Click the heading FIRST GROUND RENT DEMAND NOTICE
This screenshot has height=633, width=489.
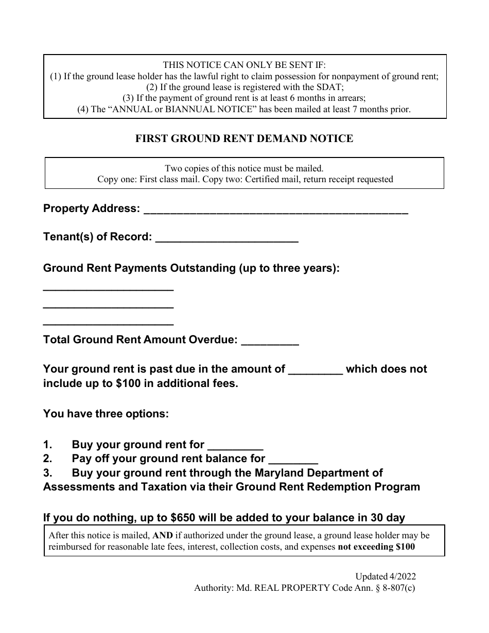(244, 138)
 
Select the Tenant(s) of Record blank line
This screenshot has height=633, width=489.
(226, 239)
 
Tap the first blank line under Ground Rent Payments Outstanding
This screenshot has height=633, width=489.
(108, 290)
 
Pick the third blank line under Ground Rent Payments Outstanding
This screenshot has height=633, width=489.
(108, 324)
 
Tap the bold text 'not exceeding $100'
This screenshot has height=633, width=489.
(376, 547)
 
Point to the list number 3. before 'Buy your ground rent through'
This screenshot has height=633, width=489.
(48, 472)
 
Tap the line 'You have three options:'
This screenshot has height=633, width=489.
(106, 413)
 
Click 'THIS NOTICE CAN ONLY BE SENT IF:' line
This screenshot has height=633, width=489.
(244, 65)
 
